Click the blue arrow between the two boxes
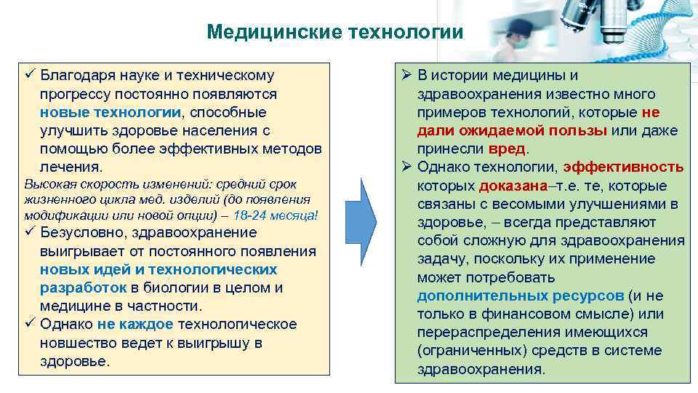click(361, 218)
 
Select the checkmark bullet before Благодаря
click(29, 75)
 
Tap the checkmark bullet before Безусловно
click(29, 233)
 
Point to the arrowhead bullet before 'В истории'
click(406, 75)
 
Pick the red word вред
click(507, 148)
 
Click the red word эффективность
click(625, 167)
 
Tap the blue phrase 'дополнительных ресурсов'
click(521, 295)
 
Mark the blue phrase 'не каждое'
click(135, 324)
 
